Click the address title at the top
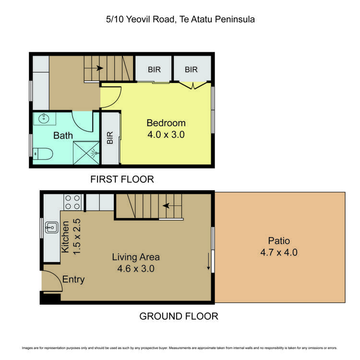pyautogui.click(x=180, y=20)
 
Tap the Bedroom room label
pyautogui.click(x=166, y=123)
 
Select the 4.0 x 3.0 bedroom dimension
pyautogui.click(x=166, y=135)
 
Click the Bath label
pyautogui.click(x=63, y=136)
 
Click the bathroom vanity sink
pyautogui.click(x=44, y=118)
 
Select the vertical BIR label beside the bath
pyautogui.click(x=110, y=138)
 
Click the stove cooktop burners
pyautogui.click(x=72, y=202)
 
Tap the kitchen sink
pyautogui.click(x=51, y=227)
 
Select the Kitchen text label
pyautogui.click(x=66, y=236)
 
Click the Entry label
pyautogui.click(x=73, y=279)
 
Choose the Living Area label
pyautogui.click(x=136, y=257)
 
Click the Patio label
pyautogui.click(x=280, y=240)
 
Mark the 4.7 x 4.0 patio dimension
pyautogui.click(x=280, y=252)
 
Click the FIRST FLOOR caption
pyautogui.click(x=122, y=180)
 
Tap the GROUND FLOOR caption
pyautogui.click(x=179, y=316)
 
